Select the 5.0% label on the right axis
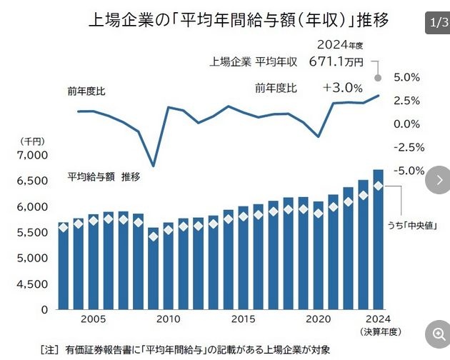(x=406, y=77)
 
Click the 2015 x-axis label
(x=243, y=319)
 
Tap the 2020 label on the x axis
(x=318, y=319)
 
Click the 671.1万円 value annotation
(x=336, y=61)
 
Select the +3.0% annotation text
(x=342, y=88)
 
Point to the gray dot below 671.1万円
(x=378, y=78)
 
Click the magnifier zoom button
(x=435, y=334)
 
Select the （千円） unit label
(x=27, y=141)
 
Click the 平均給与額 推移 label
(x=104, y=176)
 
